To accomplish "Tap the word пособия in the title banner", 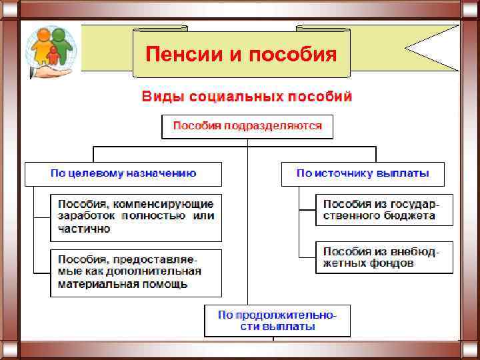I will point(292,53).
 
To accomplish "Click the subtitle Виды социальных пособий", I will point(247,97).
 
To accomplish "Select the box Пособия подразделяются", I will point(247,126).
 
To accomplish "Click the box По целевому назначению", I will point(123,173).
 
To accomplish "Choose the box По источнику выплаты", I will point(363,173).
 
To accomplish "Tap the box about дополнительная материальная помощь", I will point(136,273).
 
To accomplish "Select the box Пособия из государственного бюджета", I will point(384,209).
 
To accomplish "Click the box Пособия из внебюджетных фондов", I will point(384,257).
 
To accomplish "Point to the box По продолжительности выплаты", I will point(277,321).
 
